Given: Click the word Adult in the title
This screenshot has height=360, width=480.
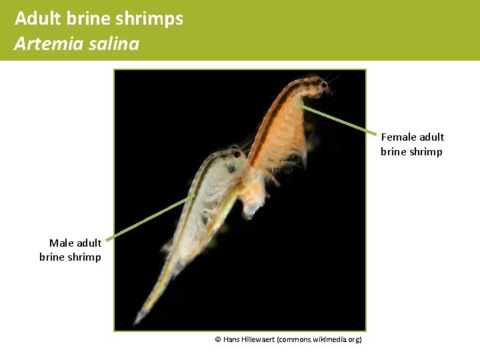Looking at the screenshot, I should click(35, 19).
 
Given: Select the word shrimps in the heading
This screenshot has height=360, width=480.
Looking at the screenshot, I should click(154, 19).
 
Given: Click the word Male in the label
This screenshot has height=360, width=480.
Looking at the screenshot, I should click(61, 243).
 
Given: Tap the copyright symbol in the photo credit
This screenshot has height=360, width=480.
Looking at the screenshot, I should click(218, 340).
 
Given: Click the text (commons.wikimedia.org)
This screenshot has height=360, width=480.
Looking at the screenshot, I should click(320, 340).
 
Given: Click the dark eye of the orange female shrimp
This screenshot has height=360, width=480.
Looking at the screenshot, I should click(324, 85).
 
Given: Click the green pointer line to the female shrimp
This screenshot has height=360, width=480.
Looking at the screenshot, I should click(340, 119).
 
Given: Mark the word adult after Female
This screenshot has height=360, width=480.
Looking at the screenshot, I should click(431, 137).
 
